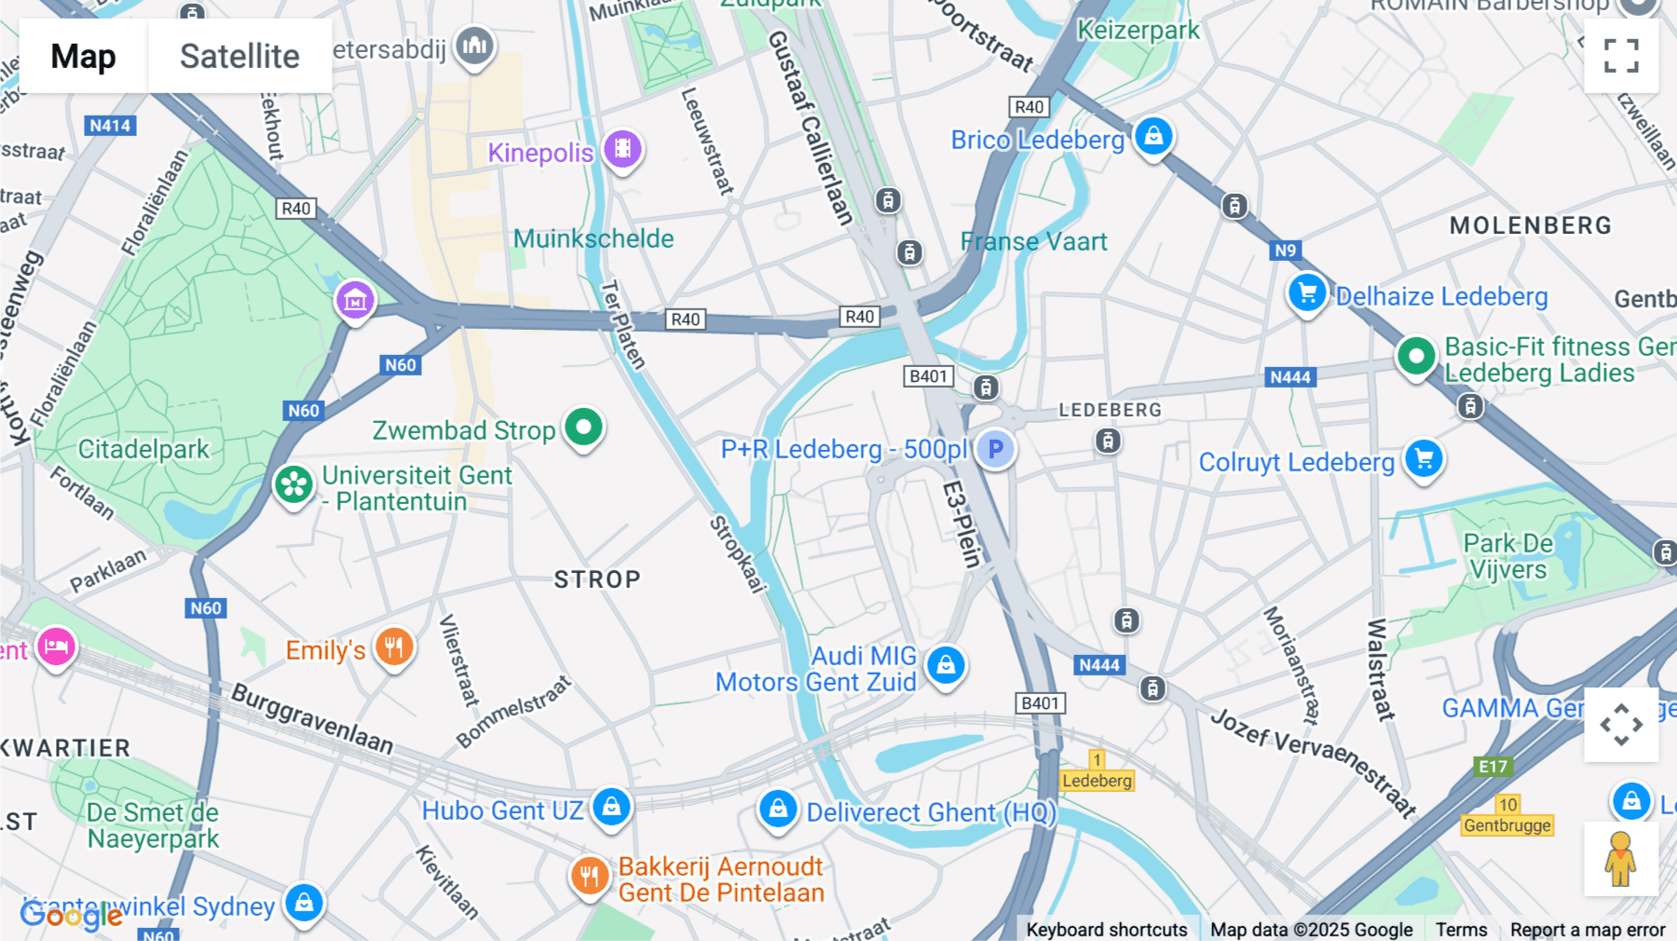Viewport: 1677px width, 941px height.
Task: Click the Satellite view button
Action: [x=239, y=56]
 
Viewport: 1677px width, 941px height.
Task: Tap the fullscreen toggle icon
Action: [x=1621, y=56]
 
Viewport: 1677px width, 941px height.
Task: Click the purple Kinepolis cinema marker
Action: [x=622, y=149]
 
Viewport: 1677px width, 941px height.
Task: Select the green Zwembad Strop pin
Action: [x=584, y=428]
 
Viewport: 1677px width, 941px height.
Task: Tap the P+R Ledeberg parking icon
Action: [x=996, y=449]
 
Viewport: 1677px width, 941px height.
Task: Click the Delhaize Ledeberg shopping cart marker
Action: [x=1307, y=293]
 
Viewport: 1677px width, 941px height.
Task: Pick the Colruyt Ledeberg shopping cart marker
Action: [x=1424, y=458]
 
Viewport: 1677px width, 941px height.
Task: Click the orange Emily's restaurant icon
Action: [x=394, y=647]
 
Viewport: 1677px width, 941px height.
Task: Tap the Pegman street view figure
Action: [x=1620, y=859]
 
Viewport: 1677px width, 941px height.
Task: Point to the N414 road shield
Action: [x=110, y=126]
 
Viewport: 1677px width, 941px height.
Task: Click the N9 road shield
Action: [x=1286, y=250]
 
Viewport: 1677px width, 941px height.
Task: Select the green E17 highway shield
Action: [x=1493, y=767]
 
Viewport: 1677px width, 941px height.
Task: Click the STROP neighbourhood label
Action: [x=597, y=580]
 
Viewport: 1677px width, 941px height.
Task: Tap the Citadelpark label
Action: [x=143, y=449]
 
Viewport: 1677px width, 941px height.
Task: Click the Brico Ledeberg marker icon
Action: [x=1153, y=136]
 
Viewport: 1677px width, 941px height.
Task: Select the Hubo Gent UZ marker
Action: [x=611, y=806]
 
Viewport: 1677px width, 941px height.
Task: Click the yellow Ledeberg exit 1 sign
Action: [x=1098, y=771]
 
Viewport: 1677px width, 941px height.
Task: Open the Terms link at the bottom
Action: [x=1461, y=929]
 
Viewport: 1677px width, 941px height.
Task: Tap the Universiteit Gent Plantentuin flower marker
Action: [x=293, y=484]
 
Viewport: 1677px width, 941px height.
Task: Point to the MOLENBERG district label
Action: [x=1530, y=225]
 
